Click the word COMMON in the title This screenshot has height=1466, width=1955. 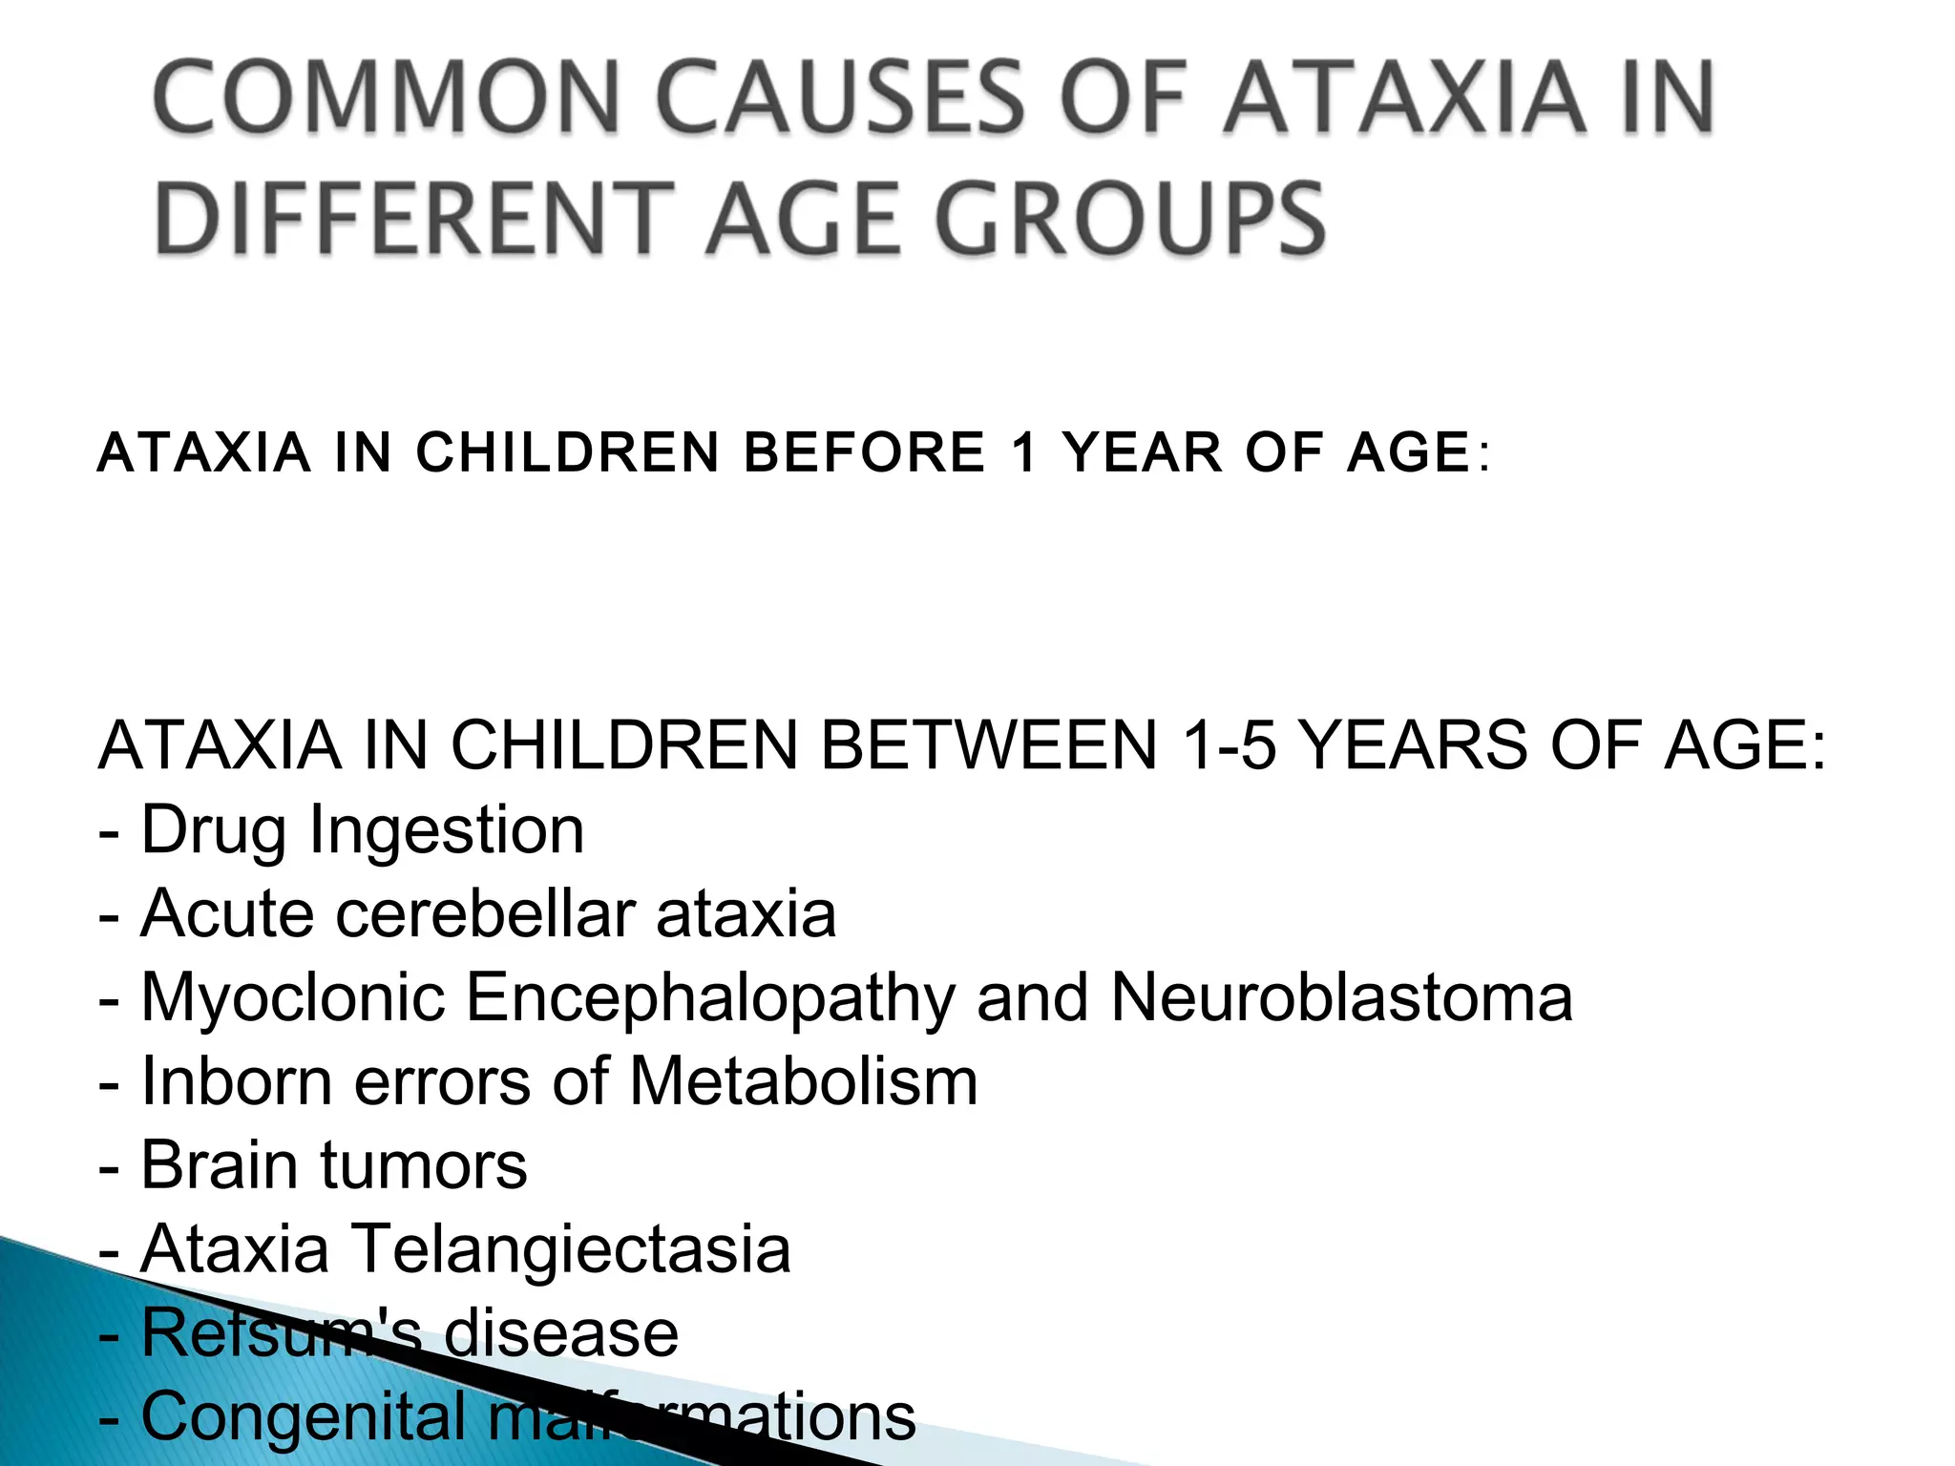[387, 97]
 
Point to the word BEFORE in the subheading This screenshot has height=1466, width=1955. [864, 452]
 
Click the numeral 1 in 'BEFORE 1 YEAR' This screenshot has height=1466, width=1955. [1024, 452]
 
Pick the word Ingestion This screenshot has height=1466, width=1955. [447, 831]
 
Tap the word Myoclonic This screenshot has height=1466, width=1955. [293, 998]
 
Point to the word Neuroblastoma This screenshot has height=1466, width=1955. [1341, 998]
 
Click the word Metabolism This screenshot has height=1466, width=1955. [803, 1082]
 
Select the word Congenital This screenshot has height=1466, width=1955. [305, 1417]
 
